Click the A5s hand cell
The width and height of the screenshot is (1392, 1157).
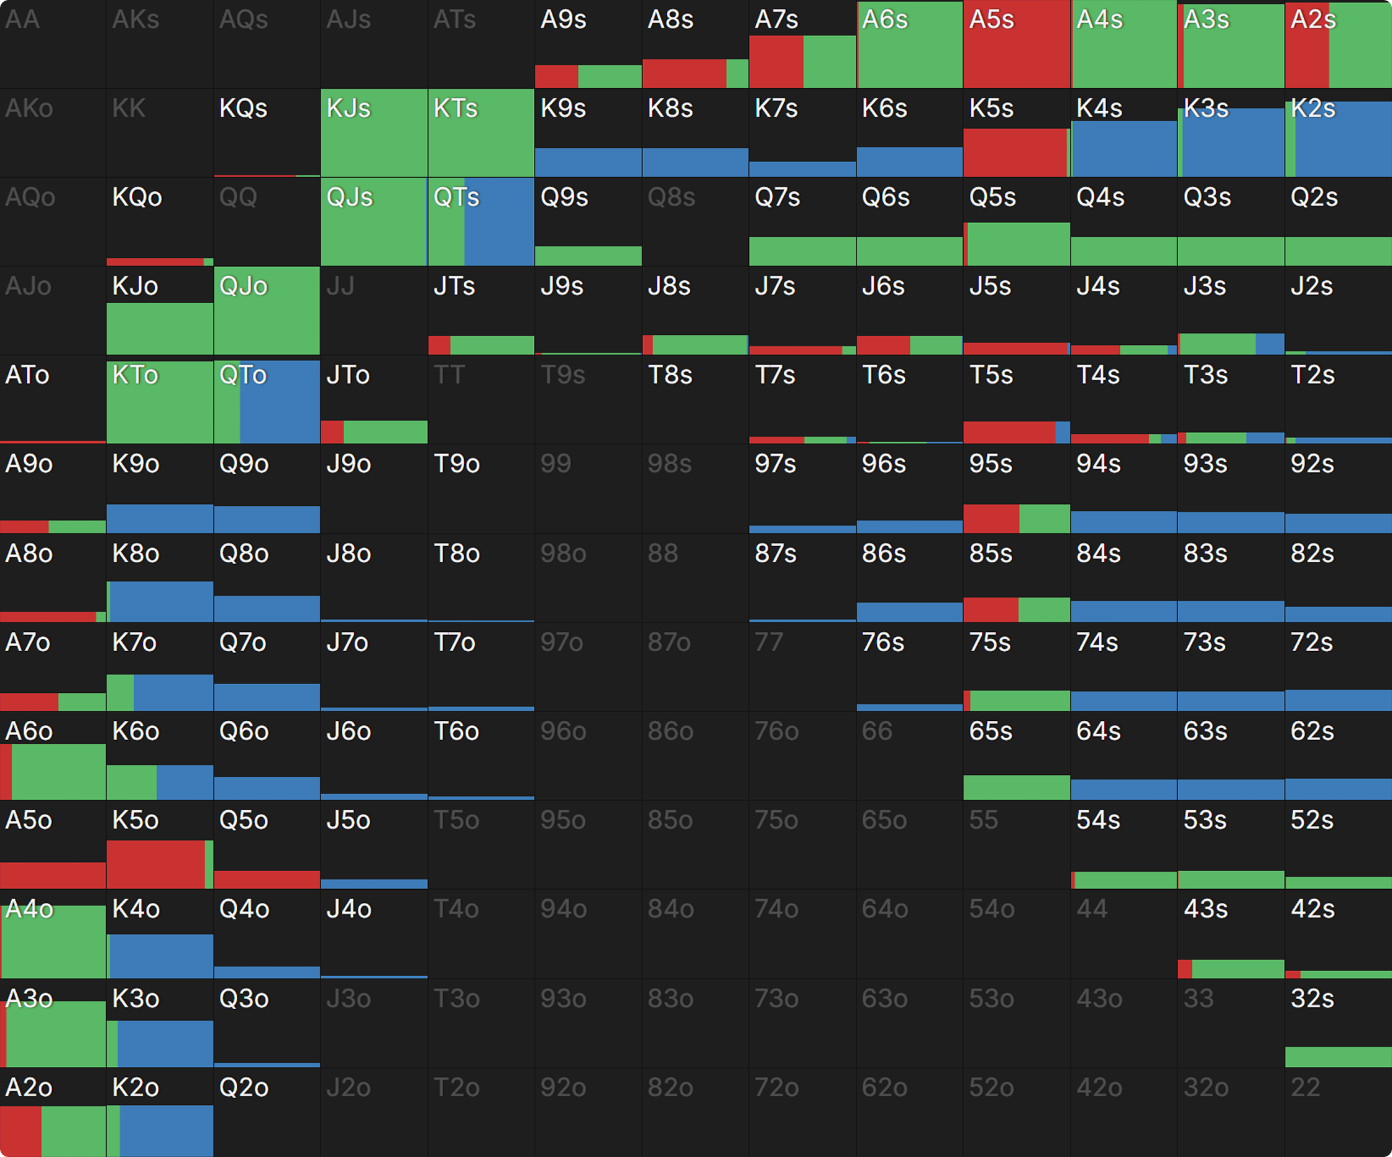pos(1016,44)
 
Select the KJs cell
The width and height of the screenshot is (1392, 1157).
pos(374,133)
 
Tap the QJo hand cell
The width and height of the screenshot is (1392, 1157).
pos(267,311)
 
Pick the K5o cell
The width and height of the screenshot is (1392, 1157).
pos(160,844)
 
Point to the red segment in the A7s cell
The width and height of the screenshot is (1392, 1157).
pos(776,62)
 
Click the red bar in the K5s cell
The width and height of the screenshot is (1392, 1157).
pos(1014,152)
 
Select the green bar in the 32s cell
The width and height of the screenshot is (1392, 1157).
pos(1338,1056)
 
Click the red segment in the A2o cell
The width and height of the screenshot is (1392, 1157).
pos(21,1130)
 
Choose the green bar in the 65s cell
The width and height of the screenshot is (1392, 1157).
pos(1016,787)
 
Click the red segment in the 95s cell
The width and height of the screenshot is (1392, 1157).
pos(991,518)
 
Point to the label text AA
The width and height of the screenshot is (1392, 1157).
pos(22,20)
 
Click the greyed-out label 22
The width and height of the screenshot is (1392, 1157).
pos(1305,1087)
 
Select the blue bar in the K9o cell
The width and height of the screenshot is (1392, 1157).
pos(160,518)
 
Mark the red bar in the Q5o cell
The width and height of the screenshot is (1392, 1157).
pos(267,879)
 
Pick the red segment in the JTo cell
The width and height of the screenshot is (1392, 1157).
pos(332,431)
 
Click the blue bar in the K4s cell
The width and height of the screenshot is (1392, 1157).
pos(1124,149)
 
